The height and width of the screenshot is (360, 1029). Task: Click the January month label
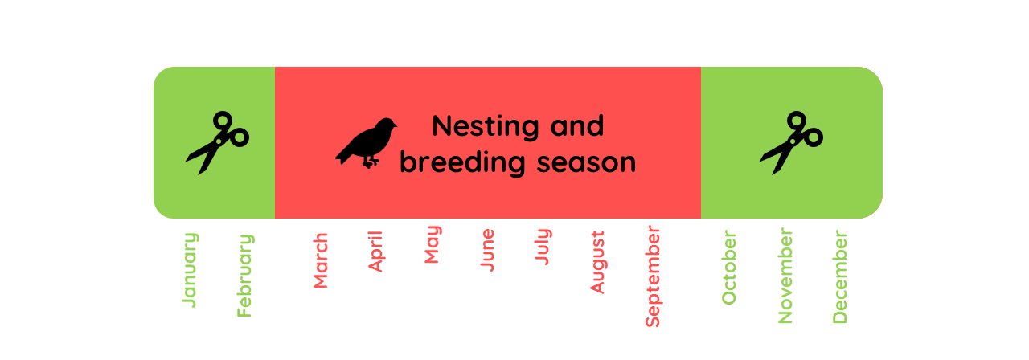coord(190,270)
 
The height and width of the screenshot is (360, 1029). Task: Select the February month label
coord(245,276)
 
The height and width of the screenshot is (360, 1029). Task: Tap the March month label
coord(321,261)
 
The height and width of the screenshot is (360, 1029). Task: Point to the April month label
coord(375,252)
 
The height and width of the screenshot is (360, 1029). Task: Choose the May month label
coord(433,245)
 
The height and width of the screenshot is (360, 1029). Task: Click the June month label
coord(486,250)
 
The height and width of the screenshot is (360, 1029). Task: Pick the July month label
coord(543,247)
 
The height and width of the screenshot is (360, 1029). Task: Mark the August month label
coord(597,263)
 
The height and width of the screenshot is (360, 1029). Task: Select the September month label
coord(653,276)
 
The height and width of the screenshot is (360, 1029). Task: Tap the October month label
coord(729,268)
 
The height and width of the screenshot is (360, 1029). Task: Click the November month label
coord(785,276)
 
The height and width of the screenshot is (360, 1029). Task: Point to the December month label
coord(840,277)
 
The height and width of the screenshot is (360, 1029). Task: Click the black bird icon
coord(367,143)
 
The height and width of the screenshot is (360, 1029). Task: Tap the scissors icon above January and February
coord(217,143)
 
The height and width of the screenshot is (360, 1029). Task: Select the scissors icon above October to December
coord(791,143)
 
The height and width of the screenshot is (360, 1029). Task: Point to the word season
coord(584,162)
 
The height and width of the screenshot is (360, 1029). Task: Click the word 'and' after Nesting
coord(577,126)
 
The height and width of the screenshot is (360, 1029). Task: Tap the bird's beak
coord(396,125)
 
